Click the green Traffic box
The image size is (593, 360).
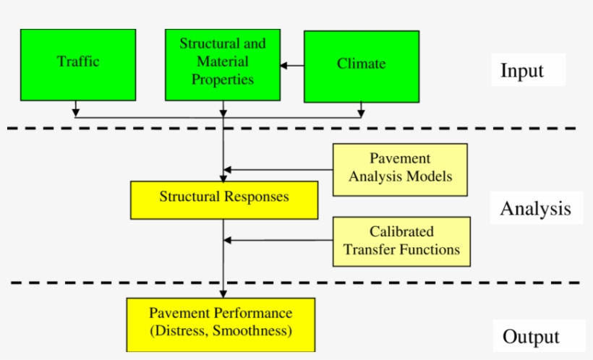tap(78, 64)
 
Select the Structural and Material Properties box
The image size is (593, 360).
tap(223, 64)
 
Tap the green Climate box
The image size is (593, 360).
tap(361, 67)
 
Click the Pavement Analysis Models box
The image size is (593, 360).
tap(400, 169)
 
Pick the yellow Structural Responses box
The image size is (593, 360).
tap(223, 200)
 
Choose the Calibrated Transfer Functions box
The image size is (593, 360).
tap(401, 241)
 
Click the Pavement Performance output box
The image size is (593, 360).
tap(221, 324)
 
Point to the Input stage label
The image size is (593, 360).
tap(521, 71)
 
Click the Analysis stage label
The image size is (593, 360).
tap(535, 209)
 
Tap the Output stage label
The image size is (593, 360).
tap(531, 336)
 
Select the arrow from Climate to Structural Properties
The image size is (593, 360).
tap(292, 66)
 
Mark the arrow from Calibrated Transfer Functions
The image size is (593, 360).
tap(278, 241)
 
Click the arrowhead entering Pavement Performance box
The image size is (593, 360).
tap(223, 293)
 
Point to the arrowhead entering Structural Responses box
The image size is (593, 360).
tap(223, 177)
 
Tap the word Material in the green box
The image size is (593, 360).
tap(223, 61)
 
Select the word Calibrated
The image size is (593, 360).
tap(401, 232)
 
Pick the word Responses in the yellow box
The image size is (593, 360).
tap(256, 197)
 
